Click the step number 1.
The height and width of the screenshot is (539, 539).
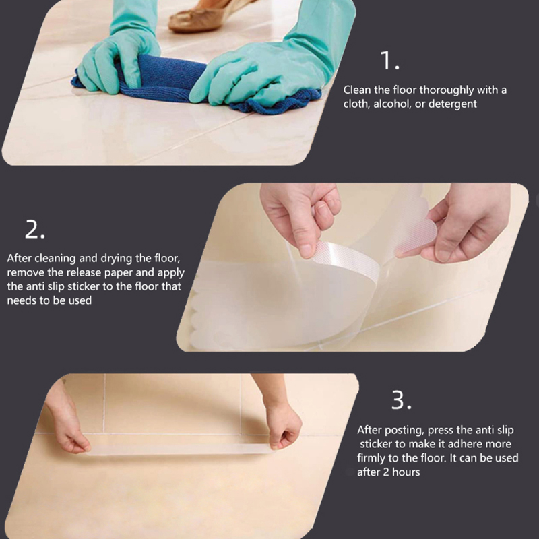pos(389,61)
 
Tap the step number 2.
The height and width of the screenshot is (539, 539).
pos(35,229)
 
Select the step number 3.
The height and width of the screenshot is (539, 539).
pos(401,400)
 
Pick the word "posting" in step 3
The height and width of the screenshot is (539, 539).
pos(404,431)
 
